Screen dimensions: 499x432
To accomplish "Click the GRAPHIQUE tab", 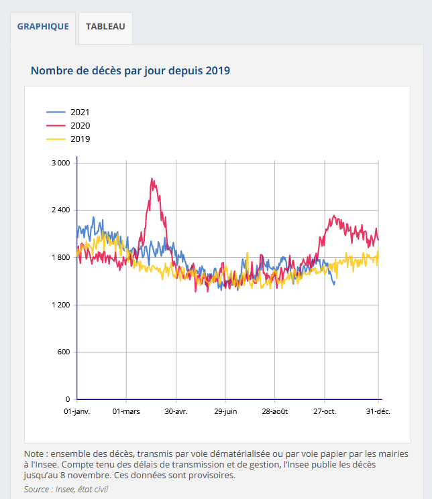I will [x=43, y=27].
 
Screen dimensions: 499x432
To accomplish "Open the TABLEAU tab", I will [x=105, y=27].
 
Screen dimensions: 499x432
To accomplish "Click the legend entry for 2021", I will [x=79, y=113].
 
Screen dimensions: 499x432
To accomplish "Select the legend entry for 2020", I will [x=79, y=126].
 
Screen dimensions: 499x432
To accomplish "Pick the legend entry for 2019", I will [x=79, y=139].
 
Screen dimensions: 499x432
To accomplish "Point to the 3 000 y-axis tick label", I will [x=60, y=163].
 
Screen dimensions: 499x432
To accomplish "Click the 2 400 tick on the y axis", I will [x=60, y=210].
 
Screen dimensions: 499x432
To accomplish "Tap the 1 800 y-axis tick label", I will [x=60, y=258].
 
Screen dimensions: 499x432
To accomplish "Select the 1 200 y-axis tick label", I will [x=60, y=305].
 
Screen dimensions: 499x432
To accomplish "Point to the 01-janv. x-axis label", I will [x=77, y=411].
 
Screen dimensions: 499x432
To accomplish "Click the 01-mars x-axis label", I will [x=126, y=411].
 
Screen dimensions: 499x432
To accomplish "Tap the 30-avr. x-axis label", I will [x=176, y=411].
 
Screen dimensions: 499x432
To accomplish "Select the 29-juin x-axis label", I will [x=225, y=411].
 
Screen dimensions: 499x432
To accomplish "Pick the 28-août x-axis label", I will [x=274, y=411].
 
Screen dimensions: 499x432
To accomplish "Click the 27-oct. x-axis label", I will [x=324, y=411].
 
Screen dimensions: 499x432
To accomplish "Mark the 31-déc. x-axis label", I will [x=378, y=411].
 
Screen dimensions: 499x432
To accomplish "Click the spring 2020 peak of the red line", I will [x=153, y=180].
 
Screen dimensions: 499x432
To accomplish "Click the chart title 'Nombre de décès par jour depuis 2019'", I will [x=130, y=70].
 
